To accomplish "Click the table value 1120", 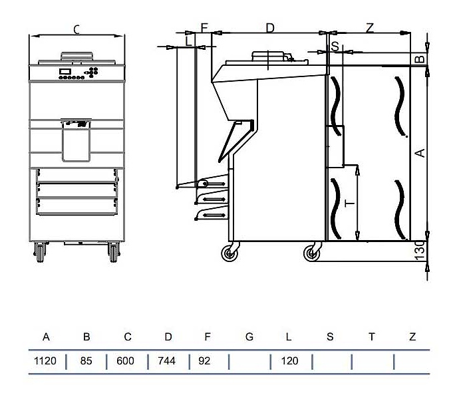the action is [45, 361].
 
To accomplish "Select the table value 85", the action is [86, 361].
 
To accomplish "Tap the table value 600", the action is [125, 361].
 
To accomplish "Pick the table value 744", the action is [167, 361].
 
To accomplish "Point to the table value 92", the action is [204, 361].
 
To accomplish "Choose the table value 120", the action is [290, 361].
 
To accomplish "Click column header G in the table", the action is [249, 337].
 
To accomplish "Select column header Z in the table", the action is [412, 337].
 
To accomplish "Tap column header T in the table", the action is [372, 337].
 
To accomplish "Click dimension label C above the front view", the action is [76, 30].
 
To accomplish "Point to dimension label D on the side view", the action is [270, 28].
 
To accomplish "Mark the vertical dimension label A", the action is [420, 153].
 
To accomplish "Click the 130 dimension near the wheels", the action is [420, 250].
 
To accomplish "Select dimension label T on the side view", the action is [349, 203].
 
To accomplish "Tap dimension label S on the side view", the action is [335, 47].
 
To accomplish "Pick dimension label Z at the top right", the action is [370, 28].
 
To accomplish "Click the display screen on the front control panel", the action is [65, 71].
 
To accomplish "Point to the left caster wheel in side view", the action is [229, 253].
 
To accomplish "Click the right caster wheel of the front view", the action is [114, 252].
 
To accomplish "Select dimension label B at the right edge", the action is [420, 59].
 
